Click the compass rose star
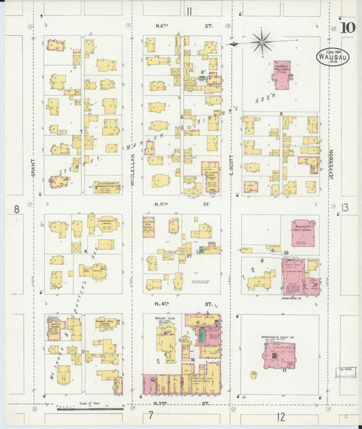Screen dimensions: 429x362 pos(261,42)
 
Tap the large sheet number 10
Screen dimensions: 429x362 pos(347,29)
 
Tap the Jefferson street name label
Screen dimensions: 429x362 pos(332,164)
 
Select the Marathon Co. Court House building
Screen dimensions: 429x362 pos(279,354)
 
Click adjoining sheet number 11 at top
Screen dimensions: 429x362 pos(189,10)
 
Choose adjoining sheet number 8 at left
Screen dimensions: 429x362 pos(16,210)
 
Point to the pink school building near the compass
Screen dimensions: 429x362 pos(281,74)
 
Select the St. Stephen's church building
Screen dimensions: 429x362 pos(107,185)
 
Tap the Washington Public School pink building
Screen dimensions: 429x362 pos(304,234)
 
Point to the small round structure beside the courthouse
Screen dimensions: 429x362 pos(253,374)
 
